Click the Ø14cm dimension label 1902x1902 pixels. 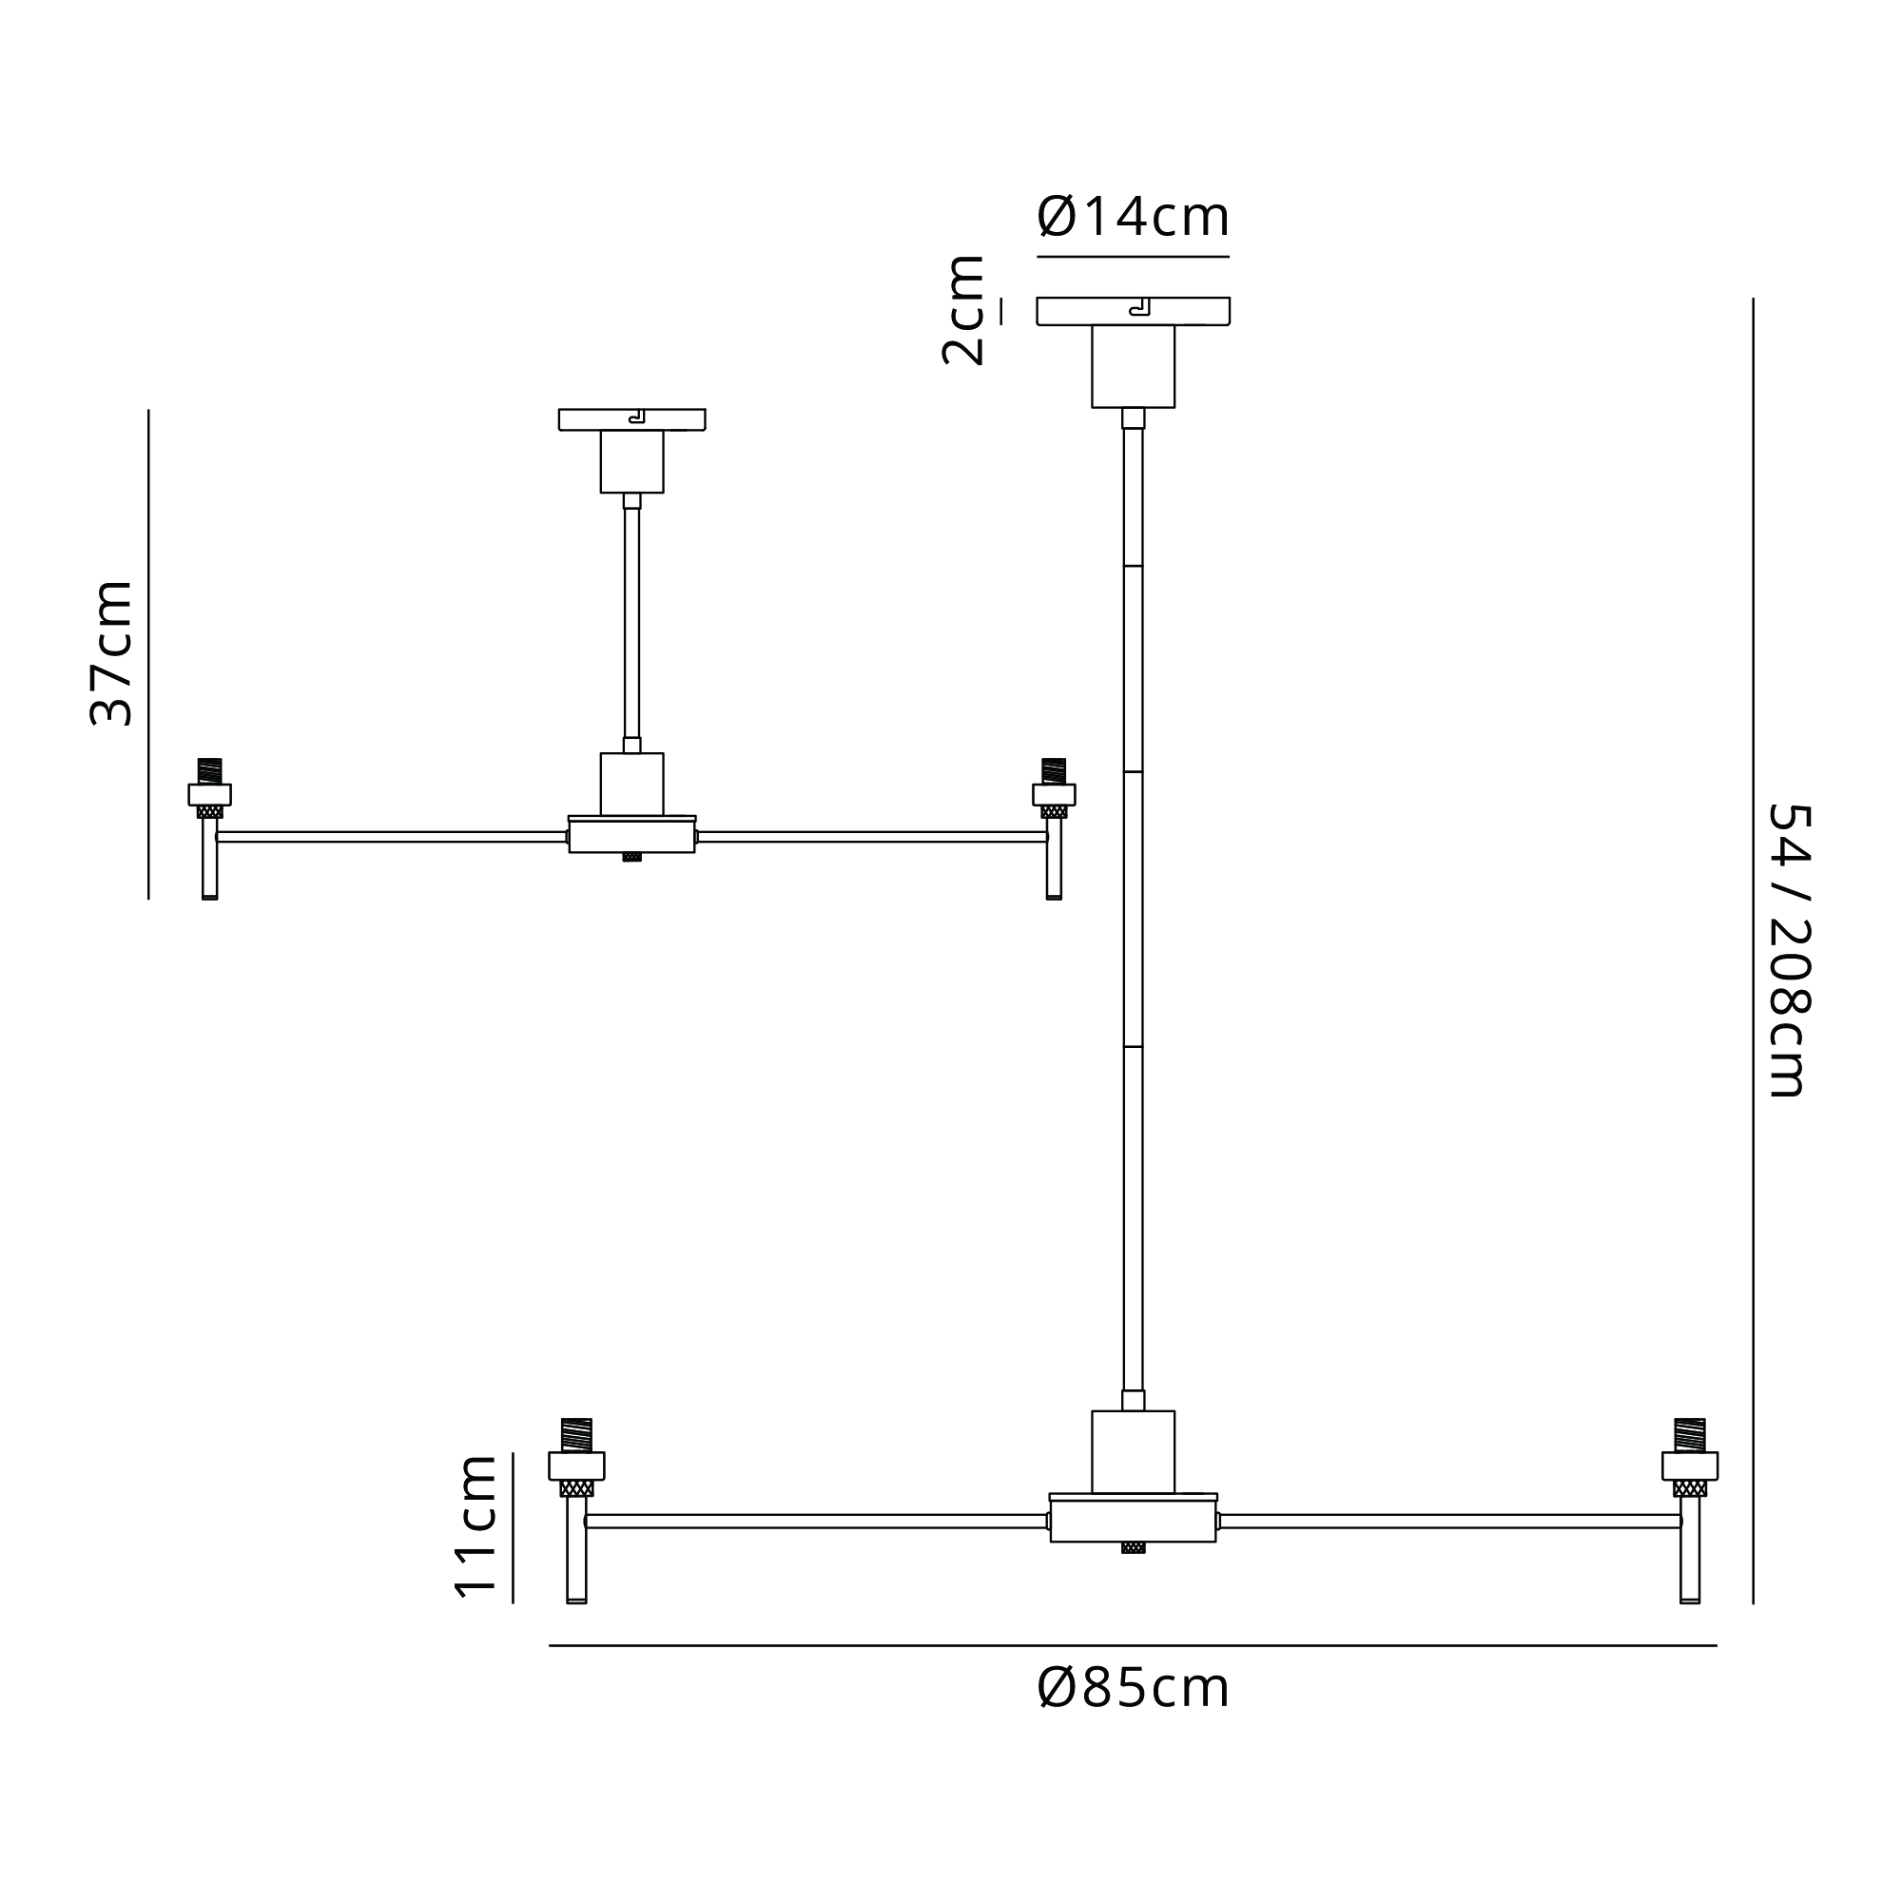[1134, 217]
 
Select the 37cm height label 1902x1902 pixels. [111, 653]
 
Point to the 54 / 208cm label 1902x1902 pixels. [1790, 950]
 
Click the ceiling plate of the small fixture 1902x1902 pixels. [632, 419]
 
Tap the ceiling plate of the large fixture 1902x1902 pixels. [1134, 311]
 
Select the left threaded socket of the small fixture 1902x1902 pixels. [209, 788]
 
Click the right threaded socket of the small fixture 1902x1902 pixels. [1054, 788]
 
